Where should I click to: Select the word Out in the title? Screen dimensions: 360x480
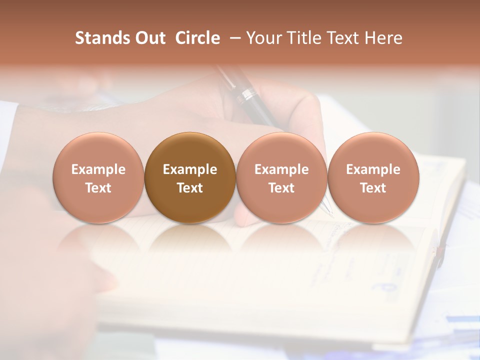[x=149, y=38]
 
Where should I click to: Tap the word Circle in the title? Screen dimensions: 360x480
[x=197, y=38]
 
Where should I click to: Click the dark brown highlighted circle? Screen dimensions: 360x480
[x=190, y=178]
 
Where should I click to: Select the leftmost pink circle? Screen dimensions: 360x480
[x=98, y=178]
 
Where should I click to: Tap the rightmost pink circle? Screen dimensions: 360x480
[x=373, y=178]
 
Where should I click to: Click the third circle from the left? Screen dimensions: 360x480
[x=281, y=178]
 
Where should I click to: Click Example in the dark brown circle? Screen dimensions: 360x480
[x=190, y=169]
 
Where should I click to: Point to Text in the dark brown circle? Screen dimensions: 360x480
[x=190, y=188]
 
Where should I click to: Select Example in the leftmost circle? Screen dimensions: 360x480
[x=98, y=169]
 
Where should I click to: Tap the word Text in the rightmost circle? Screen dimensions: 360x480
[x=373, y=188]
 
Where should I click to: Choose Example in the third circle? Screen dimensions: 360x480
[x=281, y=169]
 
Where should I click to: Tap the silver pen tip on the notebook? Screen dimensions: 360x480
[x=328, y=210]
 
